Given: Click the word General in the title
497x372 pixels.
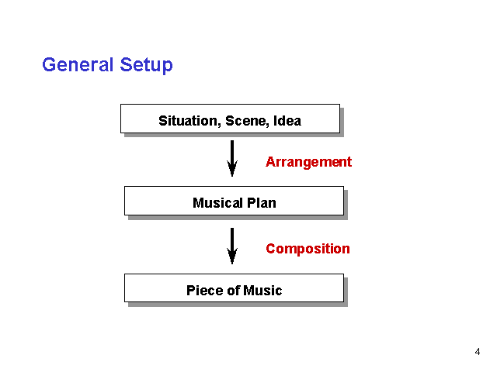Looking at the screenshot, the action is coord(78,64).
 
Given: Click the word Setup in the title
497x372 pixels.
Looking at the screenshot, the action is coord(147,66).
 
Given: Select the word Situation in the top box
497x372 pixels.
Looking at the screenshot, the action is coord(189,121).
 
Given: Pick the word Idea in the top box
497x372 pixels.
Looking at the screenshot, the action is coord(287,121).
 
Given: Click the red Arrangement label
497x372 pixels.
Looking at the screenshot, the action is coord(309,162).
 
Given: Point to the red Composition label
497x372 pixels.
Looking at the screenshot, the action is coord(308,249).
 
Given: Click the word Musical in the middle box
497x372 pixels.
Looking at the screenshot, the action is coord(217,203).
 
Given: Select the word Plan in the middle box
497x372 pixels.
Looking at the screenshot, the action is coord(262,203).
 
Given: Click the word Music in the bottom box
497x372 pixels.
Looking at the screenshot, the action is coord(262,291).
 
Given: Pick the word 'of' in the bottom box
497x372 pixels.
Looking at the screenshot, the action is coord(233,291).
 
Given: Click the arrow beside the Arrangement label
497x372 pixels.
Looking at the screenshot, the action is coord(232,158).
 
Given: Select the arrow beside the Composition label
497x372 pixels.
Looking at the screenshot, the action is coord(232,246).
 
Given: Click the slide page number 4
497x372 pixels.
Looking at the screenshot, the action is coord(478,352).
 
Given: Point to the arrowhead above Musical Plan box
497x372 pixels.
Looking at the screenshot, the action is coord(232,168).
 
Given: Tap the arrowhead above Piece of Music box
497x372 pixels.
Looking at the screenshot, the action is coord(232,256).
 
